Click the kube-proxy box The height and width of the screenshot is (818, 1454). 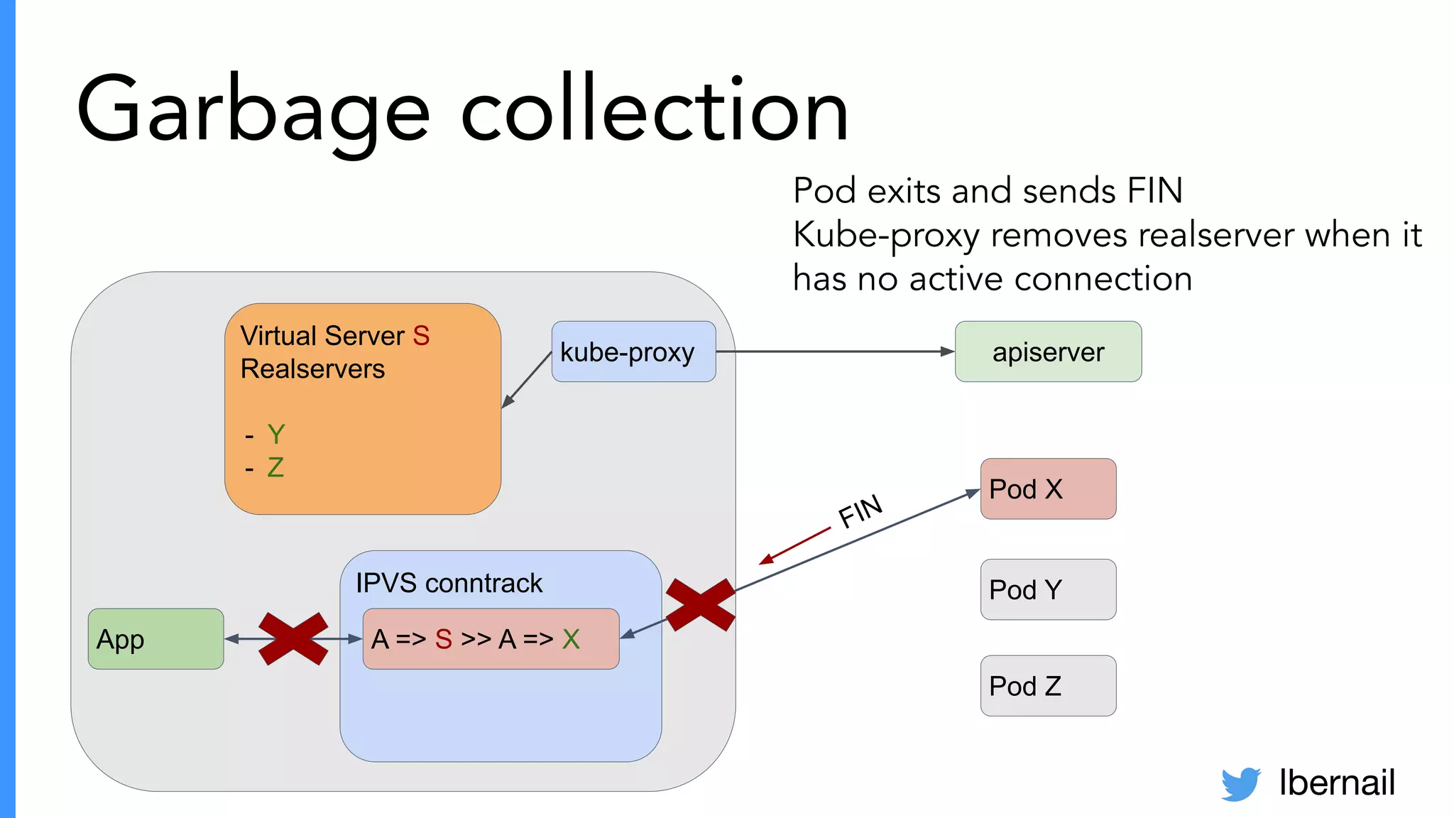pyautogui.click(x=633, y=351)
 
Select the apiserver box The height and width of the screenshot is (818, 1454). pyautogui.click(x=1048, y=351)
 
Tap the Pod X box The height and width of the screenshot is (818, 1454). pyautogui.click(x=1048, y=489)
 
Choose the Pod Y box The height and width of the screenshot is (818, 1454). pyautogui.click(x=1048, y=589)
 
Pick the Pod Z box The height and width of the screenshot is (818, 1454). pyautogui.click(x=1048, y=686)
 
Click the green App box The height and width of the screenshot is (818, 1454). pyautogui.click(x=155, y=639)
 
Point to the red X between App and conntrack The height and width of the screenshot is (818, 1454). pyautogui.click(x=293, y=639)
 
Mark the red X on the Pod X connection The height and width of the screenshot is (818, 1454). pyautogui.click(x=700, y=605)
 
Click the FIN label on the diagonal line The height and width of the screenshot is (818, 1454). pyautogui.click(x=860, y=511)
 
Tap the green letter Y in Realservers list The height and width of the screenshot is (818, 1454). pyautogui.click(x=275, y=435)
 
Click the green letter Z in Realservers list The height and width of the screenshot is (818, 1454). pyautogui.click(x=275, y=467)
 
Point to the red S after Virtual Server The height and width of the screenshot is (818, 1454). pyautogui.click(x=421, y=336)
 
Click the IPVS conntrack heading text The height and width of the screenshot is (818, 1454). pyautogui.click(x=449, y=583)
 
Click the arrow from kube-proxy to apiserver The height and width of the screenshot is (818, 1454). pyautogui.click(x=834, y=351)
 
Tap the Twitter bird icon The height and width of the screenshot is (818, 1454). pyautogui.click(x=1240, y=783)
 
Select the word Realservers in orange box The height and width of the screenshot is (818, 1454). pyautogui.click(x=312, y=369)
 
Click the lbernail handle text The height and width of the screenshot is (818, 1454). pyautogui.click(x=1336, y=782)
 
